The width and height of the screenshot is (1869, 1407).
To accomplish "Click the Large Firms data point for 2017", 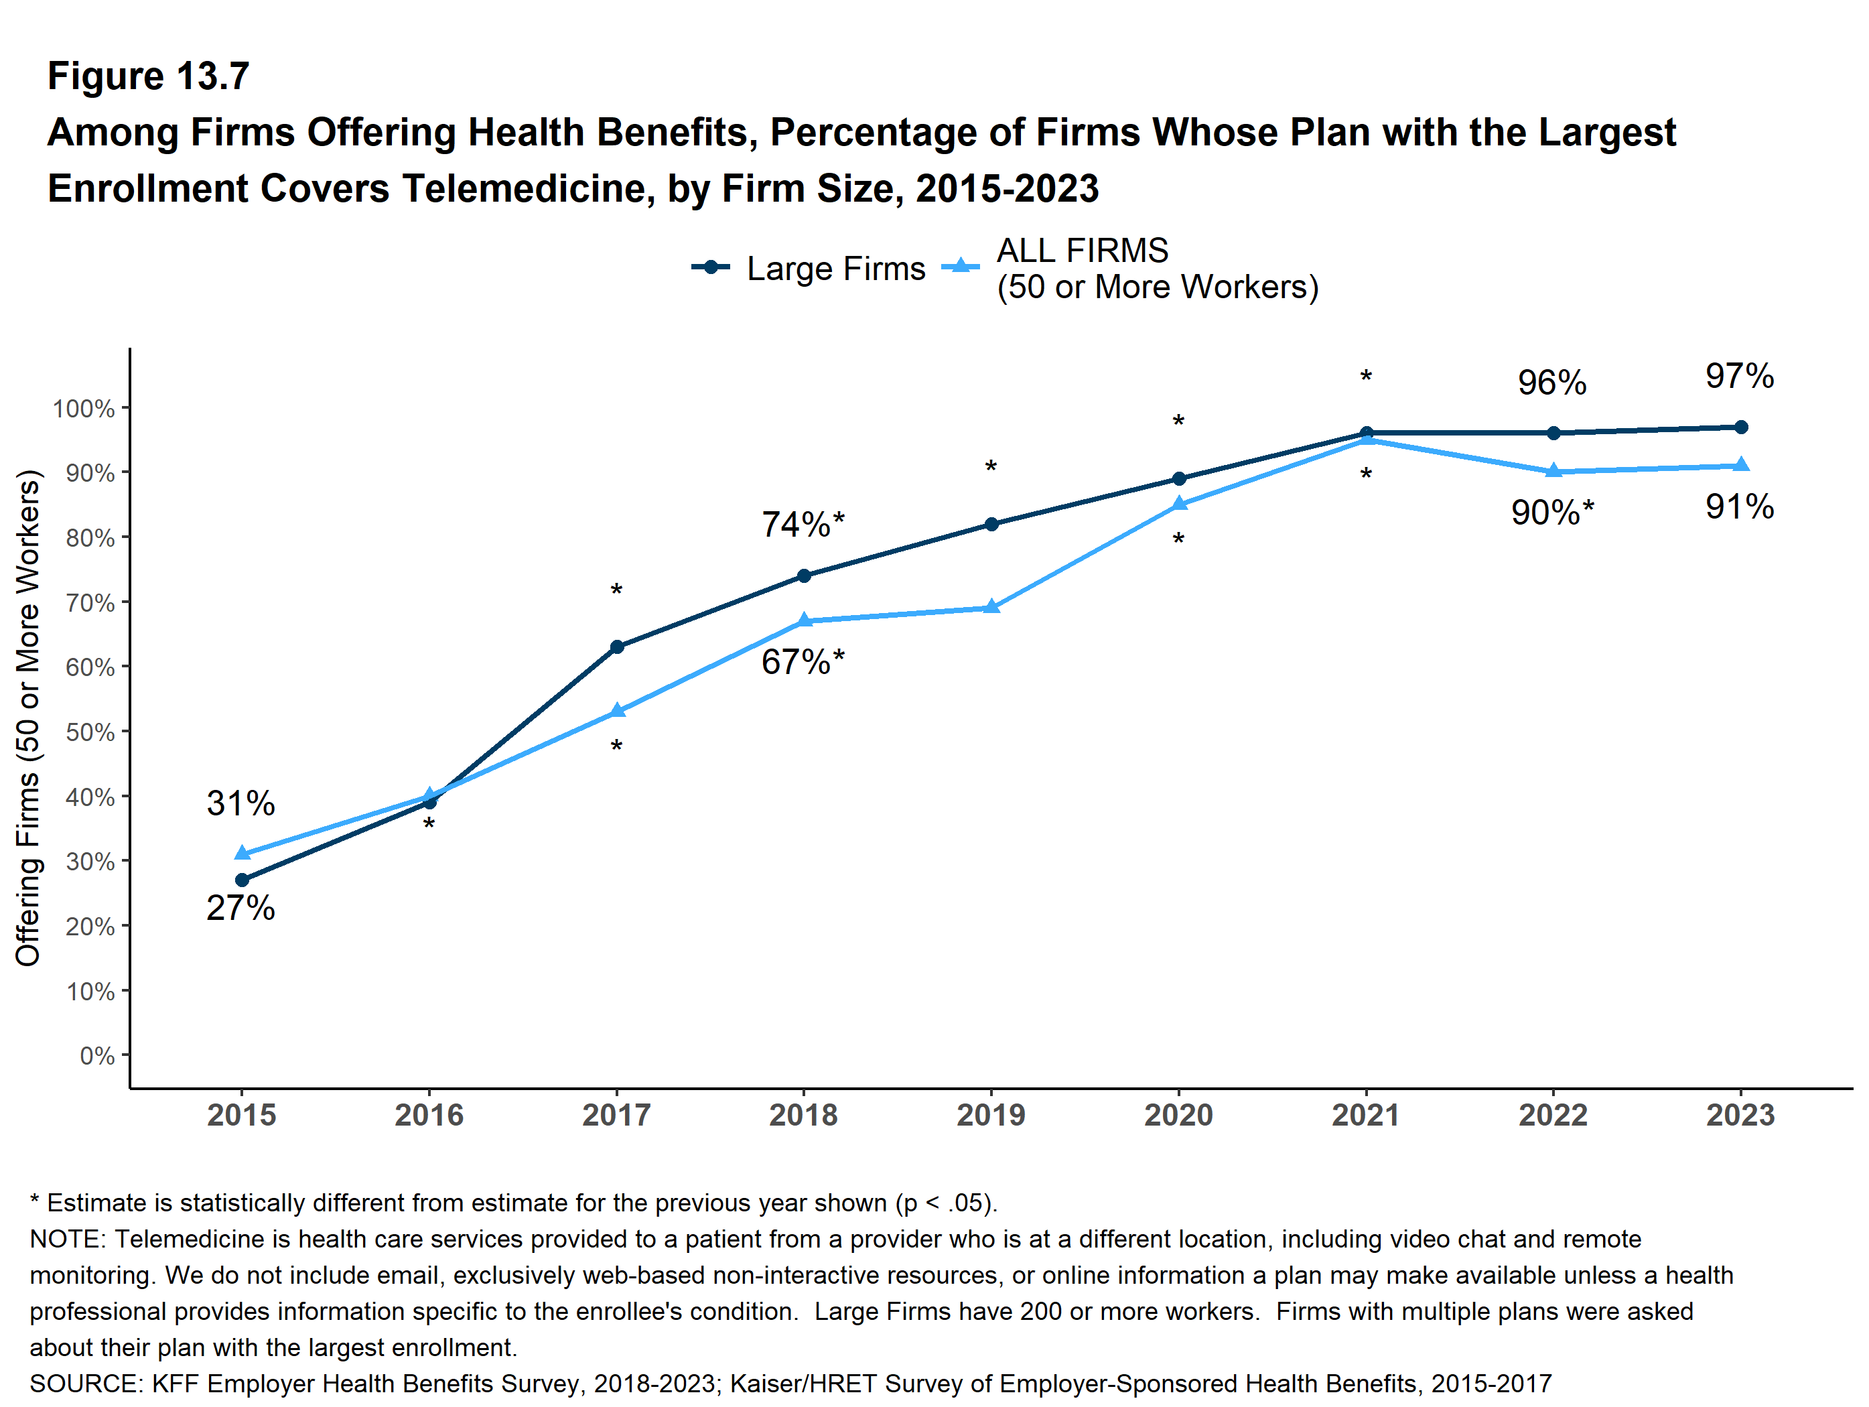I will pyautogui.click(x=617, y=647).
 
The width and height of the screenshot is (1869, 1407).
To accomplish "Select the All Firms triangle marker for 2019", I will pyautogui.click(x=992, y=607).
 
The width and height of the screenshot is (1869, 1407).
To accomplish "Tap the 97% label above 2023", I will pyautogui.click(x=1739, y=376).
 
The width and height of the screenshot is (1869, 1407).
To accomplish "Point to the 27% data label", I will pyautogui.click(x=240, y=908).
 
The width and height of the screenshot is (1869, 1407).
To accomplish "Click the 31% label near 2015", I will pyautogui.click(x=240, y=803).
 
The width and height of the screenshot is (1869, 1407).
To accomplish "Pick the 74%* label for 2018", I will pyautogui.click(x=803, y=525).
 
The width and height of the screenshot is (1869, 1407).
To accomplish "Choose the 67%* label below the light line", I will pyautogui.click(x=803, y=662).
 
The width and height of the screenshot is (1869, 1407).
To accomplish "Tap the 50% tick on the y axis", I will pyautogui.click(x=90, y=732).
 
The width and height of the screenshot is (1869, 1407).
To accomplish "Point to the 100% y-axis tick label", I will pyautogui.click(x=84, y=409).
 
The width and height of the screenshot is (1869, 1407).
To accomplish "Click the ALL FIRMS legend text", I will pyautogui.click(x=1083, y=251).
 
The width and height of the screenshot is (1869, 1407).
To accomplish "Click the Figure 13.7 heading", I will pyautogui.click(x=149, y=76).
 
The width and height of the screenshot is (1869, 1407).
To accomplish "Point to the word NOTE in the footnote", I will pyautogui.click(x=68, y=1239).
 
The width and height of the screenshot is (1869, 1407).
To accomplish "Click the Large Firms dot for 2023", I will pyautogui.click(x=1740, y=427).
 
